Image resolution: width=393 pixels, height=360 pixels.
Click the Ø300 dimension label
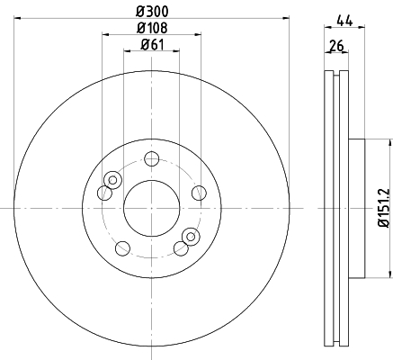[x=152, y=12]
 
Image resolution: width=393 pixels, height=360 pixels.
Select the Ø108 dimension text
[x=152, y=28]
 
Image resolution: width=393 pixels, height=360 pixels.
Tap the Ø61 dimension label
[x=153, y=45]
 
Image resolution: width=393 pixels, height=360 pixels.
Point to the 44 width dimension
[x=344, y=22]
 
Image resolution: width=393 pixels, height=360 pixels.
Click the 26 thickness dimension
[x=336, y=46]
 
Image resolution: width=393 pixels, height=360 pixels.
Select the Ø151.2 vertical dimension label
[x=383, y=208]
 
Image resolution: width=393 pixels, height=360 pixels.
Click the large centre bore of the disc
[x=152, y=208]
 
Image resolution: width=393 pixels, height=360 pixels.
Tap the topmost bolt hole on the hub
[x=152, y=158]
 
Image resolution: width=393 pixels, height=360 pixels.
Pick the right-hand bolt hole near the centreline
[x=199, y=193]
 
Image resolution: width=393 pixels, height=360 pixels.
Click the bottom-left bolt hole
[x=122, y=248]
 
